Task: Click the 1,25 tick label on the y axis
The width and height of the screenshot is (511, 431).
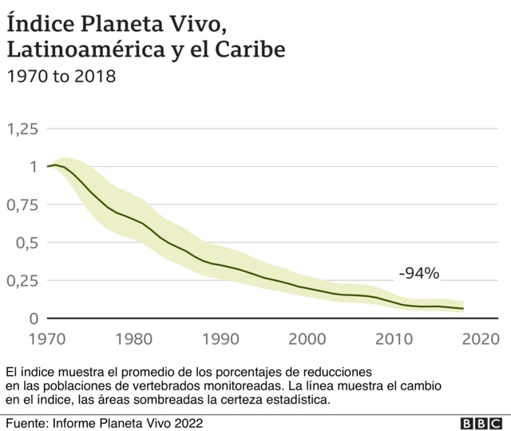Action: click(x=22, y=129)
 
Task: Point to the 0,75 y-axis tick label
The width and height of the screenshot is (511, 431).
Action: click(x=22, y=205)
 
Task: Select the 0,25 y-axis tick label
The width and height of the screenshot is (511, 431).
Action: click(x=22, y=281)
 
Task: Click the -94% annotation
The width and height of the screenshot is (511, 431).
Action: click(x=418, y=274)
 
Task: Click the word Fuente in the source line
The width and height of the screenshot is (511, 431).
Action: click(x=26, y=423)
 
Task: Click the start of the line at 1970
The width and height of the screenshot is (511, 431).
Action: click(x=48, y=167)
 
